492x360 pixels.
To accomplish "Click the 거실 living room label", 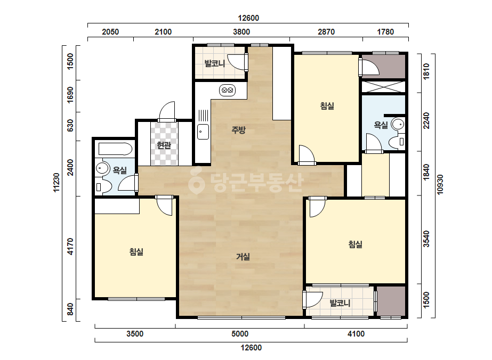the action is [243, 257].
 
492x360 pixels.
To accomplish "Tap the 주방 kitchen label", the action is [238, 130].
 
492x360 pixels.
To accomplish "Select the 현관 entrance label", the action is [164, 145].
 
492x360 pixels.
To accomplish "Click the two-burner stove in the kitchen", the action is [227, 91].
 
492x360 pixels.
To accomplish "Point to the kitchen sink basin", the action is [203, 132].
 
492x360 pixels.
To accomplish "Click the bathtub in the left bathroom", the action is [115, 149].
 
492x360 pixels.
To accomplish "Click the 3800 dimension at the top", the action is [241, 31].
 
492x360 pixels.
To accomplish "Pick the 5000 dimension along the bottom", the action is [240, 334].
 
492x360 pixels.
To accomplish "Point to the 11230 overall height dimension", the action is [56, 183].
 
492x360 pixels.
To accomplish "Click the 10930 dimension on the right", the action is [440, 185].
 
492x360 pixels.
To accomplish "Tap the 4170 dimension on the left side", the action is [70, 247].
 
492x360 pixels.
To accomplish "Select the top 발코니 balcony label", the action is [215, 64].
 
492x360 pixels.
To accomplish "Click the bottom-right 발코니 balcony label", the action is [340, 303].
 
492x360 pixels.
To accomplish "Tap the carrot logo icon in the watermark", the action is [196, 181].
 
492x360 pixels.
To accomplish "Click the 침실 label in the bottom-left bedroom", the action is [136, 251].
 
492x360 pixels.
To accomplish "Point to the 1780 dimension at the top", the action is [385, 31].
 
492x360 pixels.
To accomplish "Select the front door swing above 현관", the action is [167, 112].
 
